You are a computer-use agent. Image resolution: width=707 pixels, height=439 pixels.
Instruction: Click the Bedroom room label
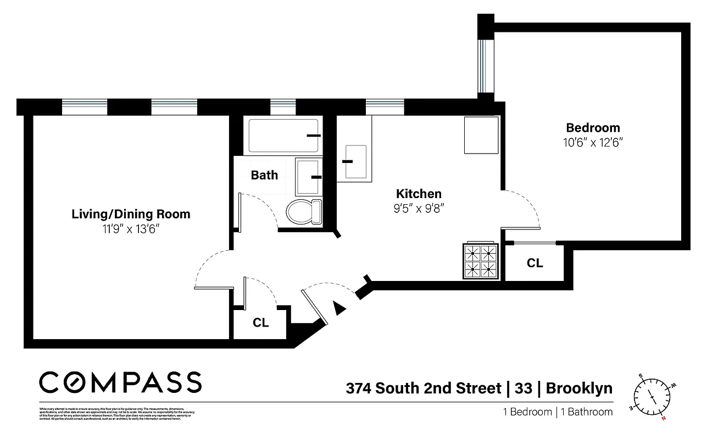[x=593, y=128]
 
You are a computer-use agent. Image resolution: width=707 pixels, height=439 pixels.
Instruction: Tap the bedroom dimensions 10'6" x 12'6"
[x=593, y=142]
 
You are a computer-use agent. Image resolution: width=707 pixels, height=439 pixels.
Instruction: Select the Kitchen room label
[x=419, y=194]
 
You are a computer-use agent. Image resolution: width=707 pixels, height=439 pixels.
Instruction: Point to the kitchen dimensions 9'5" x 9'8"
[x=419, y=209]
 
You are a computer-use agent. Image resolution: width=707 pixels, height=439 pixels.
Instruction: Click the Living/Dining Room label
[x=131, y=214]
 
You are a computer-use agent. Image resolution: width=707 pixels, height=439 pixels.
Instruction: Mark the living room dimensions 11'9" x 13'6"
[x=131, y=229]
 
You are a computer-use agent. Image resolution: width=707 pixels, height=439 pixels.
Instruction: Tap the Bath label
[x=264, y=176]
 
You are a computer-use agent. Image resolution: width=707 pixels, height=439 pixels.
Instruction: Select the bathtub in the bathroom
[x=283, y=136]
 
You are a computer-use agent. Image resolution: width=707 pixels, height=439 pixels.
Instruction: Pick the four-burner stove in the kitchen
[x=481, y=261]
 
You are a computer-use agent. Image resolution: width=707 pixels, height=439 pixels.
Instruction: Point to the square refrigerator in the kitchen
[x=481, y=135]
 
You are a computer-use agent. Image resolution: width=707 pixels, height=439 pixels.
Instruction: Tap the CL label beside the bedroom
[x=535, y=263]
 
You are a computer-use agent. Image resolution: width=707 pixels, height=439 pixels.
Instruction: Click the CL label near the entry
[x=260, y=323]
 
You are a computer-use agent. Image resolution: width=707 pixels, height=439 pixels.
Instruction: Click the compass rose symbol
[x=652, y=396]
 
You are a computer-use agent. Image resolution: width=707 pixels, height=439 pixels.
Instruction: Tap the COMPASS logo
[x=120, y=382]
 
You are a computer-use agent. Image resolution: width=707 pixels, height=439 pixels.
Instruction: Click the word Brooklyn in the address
[x=580, y=389]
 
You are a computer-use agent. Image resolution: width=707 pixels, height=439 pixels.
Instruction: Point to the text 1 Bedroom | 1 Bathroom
[x=558, y=412]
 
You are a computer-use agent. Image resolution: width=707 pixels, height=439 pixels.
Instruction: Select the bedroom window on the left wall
[x=483, y=66]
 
